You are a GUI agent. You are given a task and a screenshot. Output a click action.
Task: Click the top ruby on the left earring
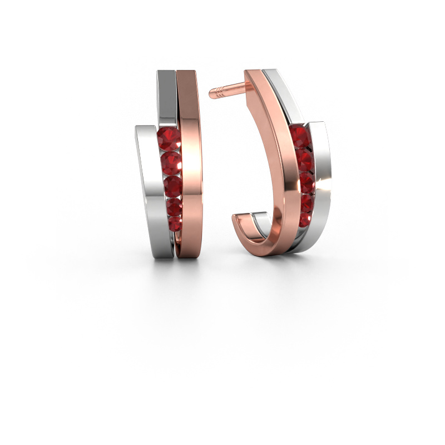(168, 140)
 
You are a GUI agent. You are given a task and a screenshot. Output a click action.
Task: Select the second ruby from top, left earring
(170, 164)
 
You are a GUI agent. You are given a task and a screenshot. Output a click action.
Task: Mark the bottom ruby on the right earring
(305, 219)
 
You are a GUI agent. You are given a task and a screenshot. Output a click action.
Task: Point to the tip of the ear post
(212, 93)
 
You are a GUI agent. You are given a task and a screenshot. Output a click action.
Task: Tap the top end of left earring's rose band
(187, 73)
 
